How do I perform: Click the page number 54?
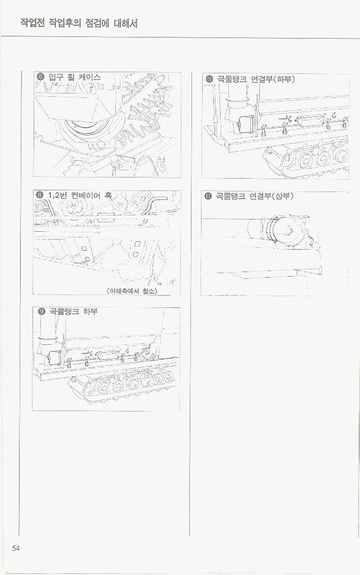coord(16,548)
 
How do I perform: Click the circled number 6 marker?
coord(41,77)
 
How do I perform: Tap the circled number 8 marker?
coord(40,195)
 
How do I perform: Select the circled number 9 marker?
coord(41,312)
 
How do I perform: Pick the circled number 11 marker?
coord(208,196)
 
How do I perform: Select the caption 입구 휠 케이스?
coord(74,77)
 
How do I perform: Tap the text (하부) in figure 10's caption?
coord(284,79)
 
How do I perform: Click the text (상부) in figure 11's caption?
coord(282,196)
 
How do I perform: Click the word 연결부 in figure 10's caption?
coord(262,79)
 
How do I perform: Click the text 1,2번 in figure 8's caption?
coord(57,195)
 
